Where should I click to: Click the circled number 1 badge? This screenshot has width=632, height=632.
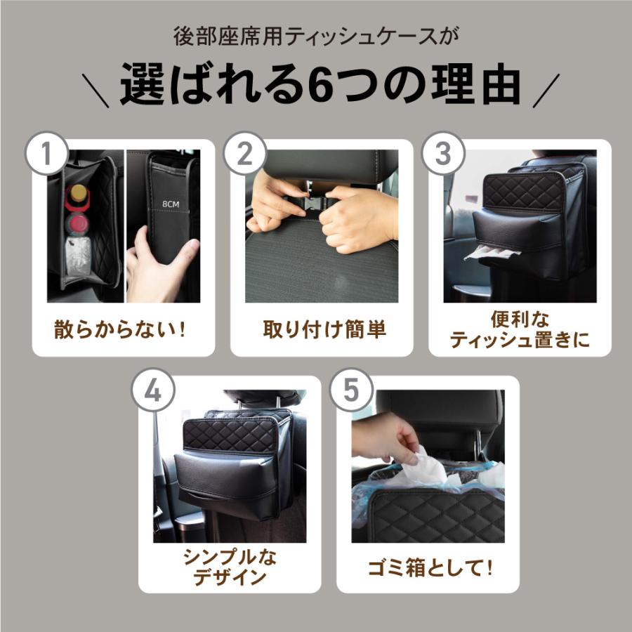click(47, 154)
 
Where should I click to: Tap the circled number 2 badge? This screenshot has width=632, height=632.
click(245, 154)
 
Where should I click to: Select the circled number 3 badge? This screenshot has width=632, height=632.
click(443, 154)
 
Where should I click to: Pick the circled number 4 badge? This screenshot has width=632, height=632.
click(153, 390)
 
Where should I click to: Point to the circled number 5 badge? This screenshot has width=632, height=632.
click(352, 390)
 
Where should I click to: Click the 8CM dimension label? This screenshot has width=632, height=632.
click(171, 204)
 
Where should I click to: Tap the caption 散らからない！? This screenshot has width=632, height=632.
click(120, 329)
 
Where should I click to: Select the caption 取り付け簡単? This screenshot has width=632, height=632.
click(324, 329)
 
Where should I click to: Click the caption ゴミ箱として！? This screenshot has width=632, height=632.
click(430, 568)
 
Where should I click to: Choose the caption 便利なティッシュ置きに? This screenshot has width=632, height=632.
click(520, 330)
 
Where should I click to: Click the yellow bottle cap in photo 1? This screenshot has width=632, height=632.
click(78, 192)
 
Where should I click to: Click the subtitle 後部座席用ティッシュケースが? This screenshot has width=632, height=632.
click(316, 37)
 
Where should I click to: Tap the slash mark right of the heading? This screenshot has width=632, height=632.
click(546, 91)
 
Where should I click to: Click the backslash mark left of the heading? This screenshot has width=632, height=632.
click(96, 91)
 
